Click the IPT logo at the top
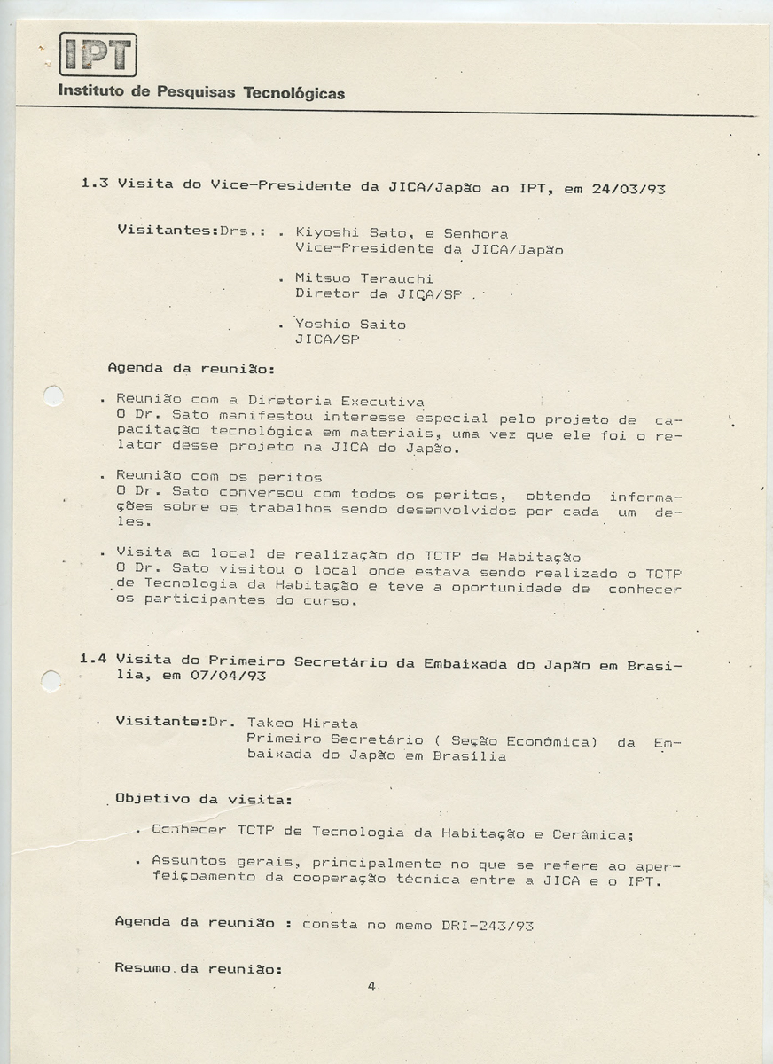[98, 55]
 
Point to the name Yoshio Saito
[349, 325]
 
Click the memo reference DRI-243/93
[487, 925]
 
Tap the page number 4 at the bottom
[372, 986]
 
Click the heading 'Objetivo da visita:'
[204, 799]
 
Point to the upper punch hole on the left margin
[53, 395]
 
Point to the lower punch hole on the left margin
[51, 681]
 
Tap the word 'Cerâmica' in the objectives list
[592, 834]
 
